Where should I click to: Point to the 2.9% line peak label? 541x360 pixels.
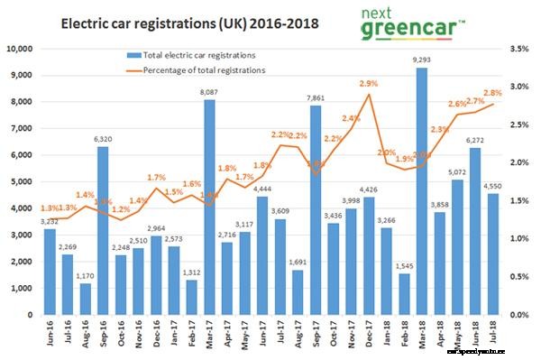pyautogui.click(x=368, y=84)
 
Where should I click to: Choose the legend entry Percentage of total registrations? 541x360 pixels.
pyautogui.click(x=195, y=69)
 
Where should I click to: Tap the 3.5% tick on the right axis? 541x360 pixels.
pyautogui.click(x=521, y=48)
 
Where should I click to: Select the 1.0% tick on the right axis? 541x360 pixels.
pyautogui.click(x=521, y=238)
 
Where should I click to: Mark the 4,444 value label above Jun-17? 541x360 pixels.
pyautogui.click(x=264, y=189)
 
